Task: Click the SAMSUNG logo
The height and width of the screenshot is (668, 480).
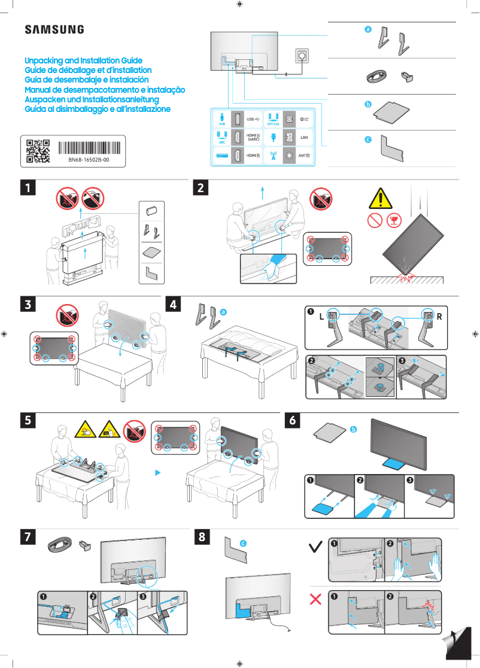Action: (x=54, y=29)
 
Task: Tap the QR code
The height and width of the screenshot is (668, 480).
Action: (x=38, y=151)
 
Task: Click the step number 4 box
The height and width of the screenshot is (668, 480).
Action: (x=174, y=305)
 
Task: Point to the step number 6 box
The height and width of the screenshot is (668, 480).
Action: (x=293, y=421)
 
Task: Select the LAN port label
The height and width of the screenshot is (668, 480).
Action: (x=303, y=137)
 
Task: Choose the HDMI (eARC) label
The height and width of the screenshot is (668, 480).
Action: (x=253, y=137)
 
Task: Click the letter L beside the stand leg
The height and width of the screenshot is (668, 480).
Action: (x=321, y=317)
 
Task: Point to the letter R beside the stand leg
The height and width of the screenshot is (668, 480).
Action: (x=439, y=317)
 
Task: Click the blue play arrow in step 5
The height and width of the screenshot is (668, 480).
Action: (x=158, y=472)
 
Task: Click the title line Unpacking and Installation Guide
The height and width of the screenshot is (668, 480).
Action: (x=83, y=60)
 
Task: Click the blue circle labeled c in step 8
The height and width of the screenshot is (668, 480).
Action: (x=243, y=542)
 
